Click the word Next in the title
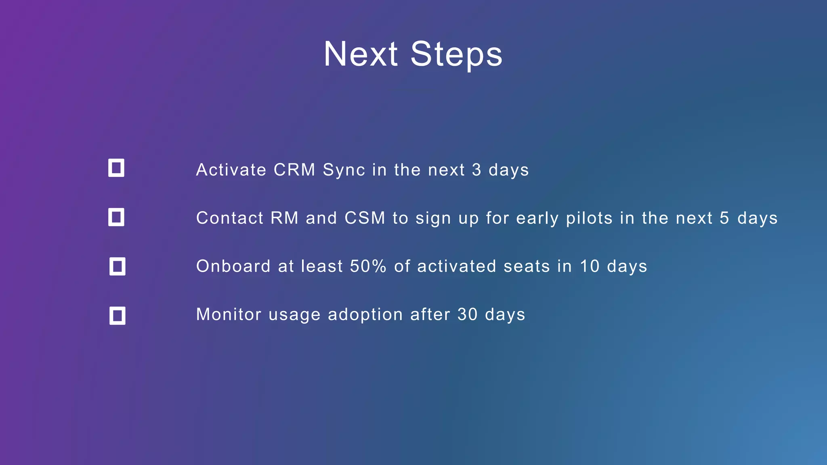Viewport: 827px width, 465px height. click(361, 54)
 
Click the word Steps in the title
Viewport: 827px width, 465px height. click(456, 54)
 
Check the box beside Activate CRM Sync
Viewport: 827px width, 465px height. click(116, 168)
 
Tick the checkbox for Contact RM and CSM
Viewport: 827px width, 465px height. click(116, 217)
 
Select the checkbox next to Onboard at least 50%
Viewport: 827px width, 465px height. click(117, 266)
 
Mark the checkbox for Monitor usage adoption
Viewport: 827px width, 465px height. click(117, 316)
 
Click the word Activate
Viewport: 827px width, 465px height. click(231, 170)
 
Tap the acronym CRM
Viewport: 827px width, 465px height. click(294, 170)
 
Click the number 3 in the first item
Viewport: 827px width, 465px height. click(476, 170)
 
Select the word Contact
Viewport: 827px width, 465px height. click(230, 218)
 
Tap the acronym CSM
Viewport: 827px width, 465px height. click(365, 218)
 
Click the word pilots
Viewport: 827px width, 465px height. click(589, 218)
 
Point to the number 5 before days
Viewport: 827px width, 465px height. click(724, 218)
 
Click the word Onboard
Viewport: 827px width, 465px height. click(233, 266)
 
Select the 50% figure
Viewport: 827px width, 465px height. click(368, 266)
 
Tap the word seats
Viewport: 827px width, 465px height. click(527, 266)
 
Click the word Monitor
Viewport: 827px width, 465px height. click(229, 314)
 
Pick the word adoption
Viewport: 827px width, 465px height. click(365, 315)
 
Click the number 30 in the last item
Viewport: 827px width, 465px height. click(467, 314)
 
